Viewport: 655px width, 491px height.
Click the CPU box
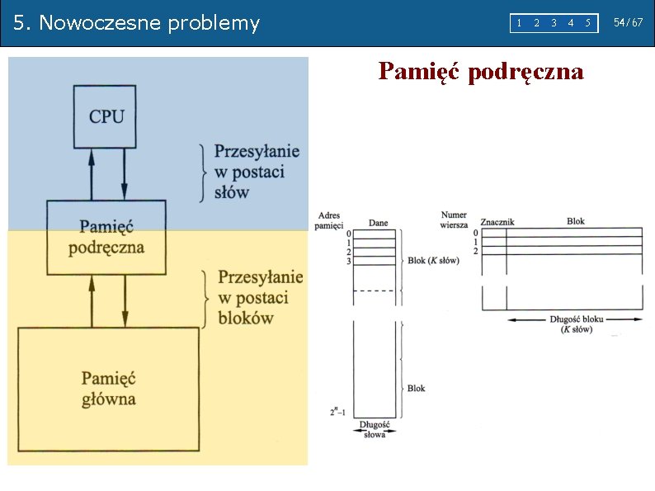[106, 116]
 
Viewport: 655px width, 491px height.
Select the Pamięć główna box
[109, 389]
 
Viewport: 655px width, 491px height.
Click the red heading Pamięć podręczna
[481, 72]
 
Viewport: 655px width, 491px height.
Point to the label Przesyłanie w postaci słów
[257, 172]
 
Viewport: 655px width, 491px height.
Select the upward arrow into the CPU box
[92, 174]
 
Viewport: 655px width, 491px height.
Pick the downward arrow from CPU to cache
[125, 174]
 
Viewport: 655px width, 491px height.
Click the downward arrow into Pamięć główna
[125, 301]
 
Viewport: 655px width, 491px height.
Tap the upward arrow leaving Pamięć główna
[92, 301]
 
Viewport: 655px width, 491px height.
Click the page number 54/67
[629, 22]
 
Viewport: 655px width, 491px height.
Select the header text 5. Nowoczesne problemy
[137, 23]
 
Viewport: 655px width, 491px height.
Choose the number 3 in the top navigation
[554, 23]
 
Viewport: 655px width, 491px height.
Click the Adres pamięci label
[328, 220]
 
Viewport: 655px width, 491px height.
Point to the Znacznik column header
[497, 222]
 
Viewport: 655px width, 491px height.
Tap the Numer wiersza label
[454, 220]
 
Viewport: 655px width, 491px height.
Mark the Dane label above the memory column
[378, 223]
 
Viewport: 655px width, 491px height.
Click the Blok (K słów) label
[433, 260]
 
